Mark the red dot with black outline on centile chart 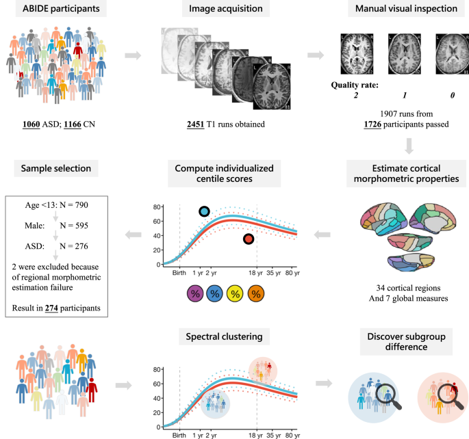249,239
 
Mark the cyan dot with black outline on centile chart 204,212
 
